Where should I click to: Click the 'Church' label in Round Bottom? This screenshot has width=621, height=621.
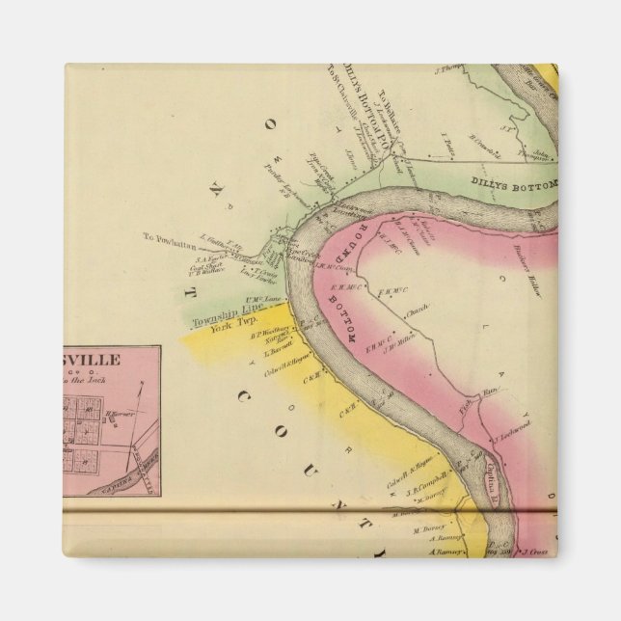click(417, 312)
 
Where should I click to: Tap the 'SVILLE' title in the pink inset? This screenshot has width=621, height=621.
click(92, 359)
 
